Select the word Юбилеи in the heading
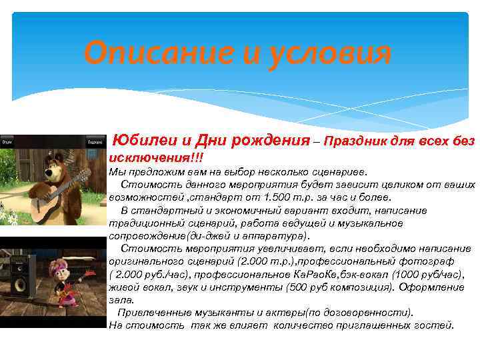145,140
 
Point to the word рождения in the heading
270,140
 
